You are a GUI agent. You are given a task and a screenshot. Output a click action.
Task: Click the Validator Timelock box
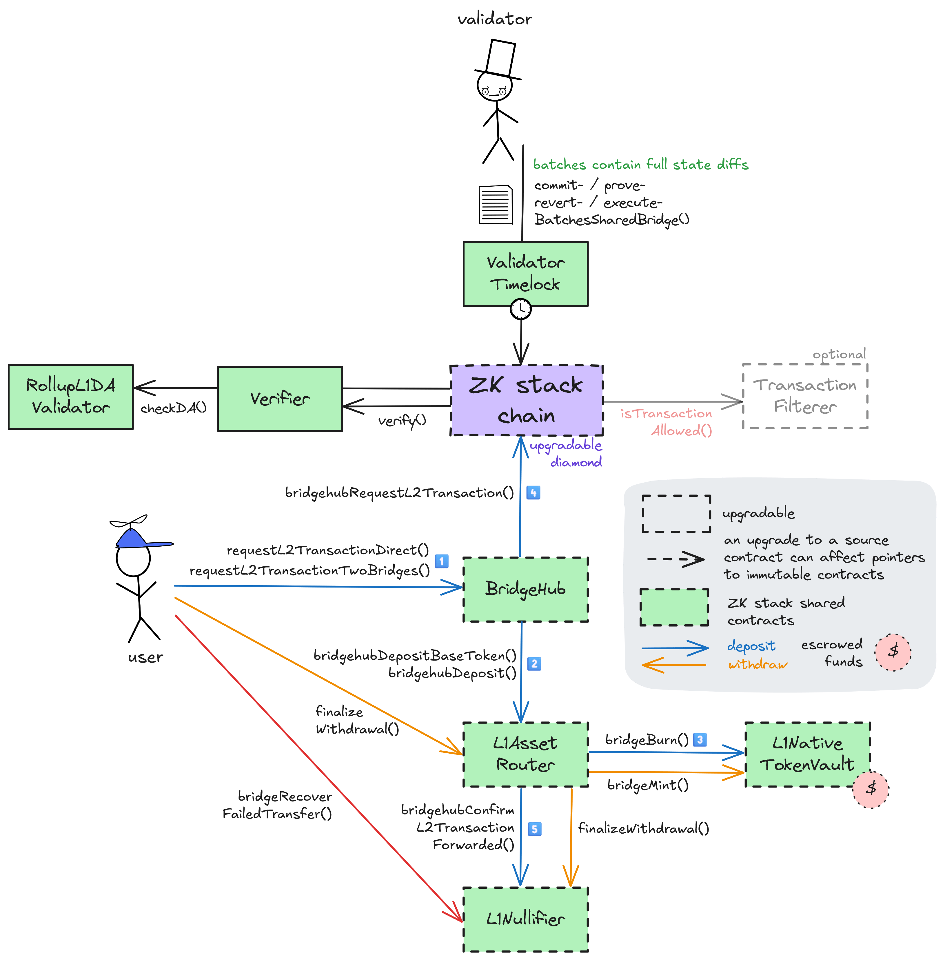click(x=525, y=274)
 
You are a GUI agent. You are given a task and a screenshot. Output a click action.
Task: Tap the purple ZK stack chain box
click(x=526, y=400)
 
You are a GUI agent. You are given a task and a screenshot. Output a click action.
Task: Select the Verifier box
click(x=280, y=399)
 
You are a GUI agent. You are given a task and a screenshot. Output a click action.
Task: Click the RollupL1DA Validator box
click(x=70, y=397)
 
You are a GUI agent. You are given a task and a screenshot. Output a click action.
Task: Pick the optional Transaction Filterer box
click(x=805, y=396)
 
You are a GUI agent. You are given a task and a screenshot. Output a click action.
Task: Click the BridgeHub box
click(x=525, y=589)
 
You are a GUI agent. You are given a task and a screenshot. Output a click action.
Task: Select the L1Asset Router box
click(x=525, y=754)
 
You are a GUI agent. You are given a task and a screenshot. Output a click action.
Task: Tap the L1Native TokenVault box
click(x=807, y=754)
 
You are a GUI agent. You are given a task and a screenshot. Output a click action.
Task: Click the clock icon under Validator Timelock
click(x=521, y=308)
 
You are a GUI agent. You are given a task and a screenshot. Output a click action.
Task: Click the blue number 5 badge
click(x=534, y=829)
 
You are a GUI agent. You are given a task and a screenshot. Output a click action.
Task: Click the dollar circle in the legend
click(x=893, y=652)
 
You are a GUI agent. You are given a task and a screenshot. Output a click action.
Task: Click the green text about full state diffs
click(x=640, y=164)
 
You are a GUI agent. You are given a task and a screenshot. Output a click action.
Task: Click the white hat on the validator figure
click(x=500, y=58)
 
